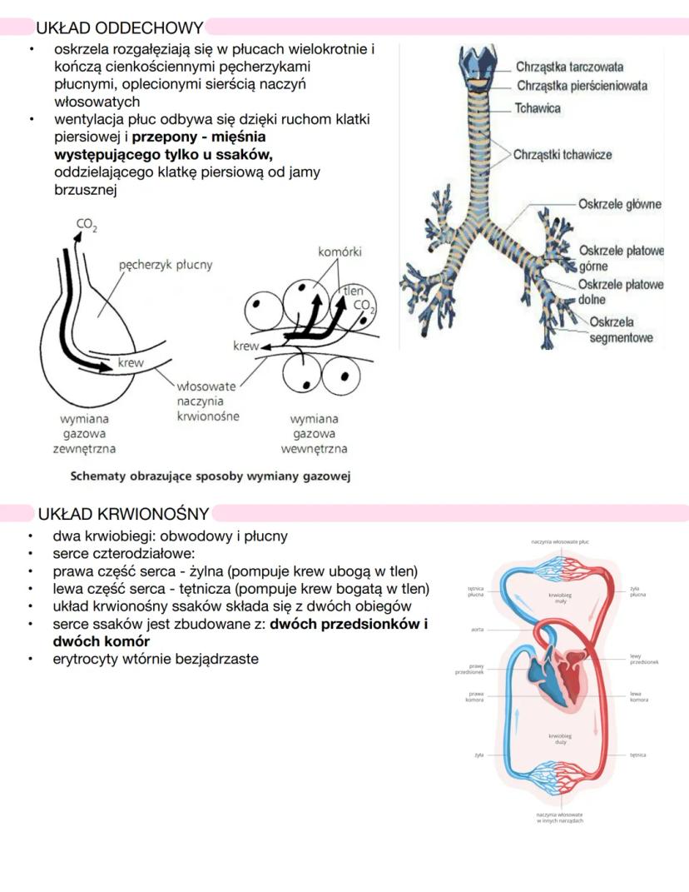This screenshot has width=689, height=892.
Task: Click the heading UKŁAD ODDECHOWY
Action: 120,27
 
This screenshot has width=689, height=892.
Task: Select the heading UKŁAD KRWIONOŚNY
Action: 123,514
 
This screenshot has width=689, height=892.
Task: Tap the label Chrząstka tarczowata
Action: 569,67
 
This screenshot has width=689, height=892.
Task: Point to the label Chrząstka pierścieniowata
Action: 582,86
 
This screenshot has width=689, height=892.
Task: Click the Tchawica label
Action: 538,108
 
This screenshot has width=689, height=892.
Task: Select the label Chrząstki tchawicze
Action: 563,155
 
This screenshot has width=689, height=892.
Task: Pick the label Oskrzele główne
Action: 620,204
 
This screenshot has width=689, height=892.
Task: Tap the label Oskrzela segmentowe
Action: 621,330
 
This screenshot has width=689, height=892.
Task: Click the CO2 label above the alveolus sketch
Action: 86,225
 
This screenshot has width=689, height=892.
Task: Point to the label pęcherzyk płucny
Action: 166,265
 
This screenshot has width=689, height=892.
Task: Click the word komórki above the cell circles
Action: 340,252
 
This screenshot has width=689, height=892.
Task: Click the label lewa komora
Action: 635,696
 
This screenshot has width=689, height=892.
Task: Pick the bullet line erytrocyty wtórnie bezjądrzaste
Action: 155,659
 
